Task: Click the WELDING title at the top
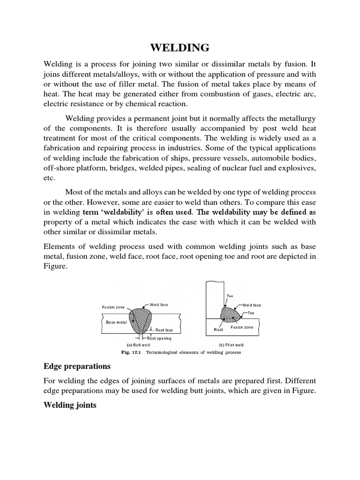pos(180,48)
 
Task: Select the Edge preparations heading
pos(77,366)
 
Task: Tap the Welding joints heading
pos(70,405)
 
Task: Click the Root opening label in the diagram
pos(159,338)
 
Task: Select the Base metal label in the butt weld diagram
pos(116,322)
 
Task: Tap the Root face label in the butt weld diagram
pos(165,330)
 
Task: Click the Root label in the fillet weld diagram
pos(218,330)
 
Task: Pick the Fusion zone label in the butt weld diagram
pos(113,307)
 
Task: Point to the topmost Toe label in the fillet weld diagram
pos(230,296)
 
